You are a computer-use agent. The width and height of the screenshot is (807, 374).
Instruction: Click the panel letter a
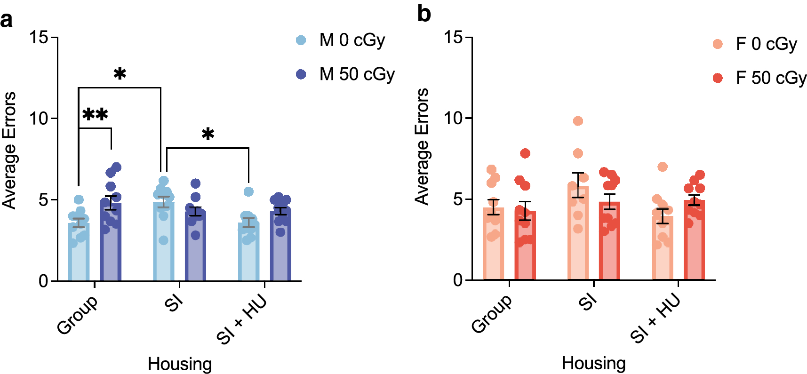pos(7,20)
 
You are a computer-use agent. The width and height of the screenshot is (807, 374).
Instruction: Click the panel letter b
pos(423,14)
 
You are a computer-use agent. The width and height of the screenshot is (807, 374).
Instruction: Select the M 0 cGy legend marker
pos(301,40)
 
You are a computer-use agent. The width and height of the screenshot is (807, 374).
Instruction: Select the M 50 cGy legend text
pos(357,74)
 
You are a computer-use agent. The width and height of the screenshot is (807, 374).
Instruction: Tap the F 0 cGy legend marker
pos(718,44)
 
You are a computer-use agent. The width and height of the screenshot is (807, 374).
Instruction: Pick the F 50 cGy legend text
pos(771,78)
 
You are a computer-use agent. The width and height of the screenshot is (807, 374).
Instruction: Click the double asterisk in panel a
pos(95,115)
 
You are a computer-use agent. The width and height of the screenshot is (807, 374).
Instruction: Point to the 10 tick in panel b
pos(454,118)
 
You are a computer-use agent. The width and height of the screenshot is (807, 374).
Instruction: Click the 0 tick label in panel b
pos(458,280)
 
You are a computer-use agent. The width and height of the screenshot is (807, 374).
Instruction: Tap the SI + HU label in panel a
pos(241,320)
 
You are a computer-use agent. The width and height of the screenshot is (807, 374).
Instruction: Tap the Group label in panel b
pos(492,314)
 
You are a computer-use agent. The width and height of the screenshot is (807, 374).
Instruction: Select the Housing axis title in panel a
pos(180,364)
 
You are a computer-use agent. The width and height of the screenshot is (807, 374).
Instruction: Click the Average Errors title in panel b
pos(422,146)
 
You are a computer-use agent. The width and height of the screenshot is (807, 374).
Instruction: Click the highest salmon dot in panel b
pos(578,121)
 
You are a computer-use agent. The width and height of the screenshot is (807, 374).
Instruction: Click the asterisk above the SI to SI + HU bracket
pos(208,135)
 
